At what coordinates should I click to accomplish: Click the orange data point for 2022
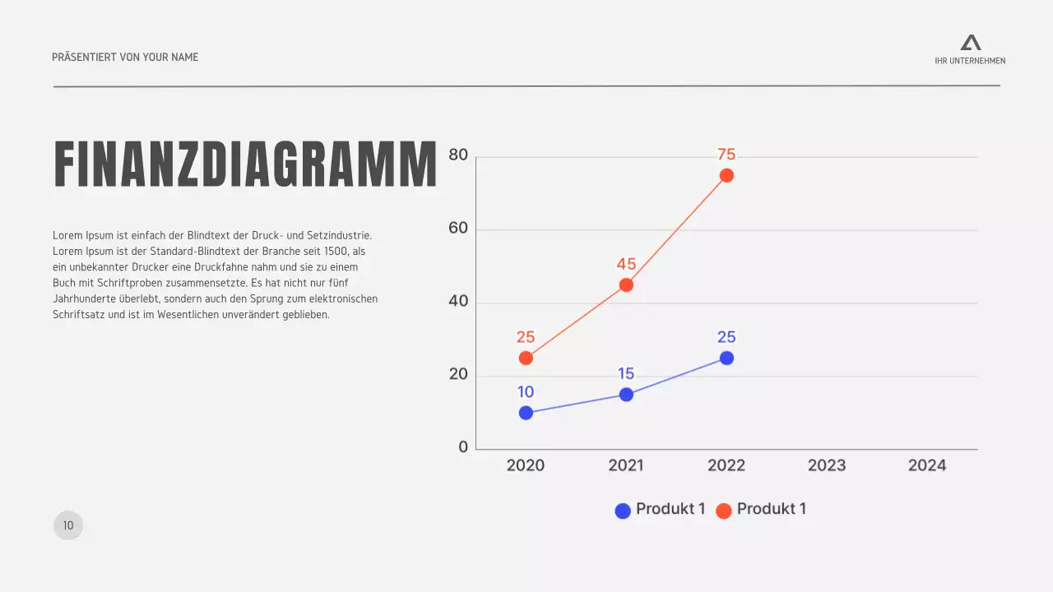(726, 175)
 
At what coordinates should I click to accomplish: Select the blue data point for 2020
(526, 413)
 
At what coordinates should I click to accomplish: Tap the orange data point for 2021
(626, 285)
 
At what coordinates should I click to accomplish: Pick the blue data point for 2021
(626, 395)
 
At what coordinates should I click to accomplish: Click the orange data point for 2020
(526, 358)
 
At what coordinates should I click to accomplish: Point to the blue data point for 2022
(726, 358)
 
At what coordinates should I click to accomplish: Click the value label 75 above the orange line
(726, 155)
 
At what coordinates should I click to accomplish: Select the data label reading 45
(626, 264)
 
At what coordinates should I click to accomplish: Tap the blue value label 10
(526, 392)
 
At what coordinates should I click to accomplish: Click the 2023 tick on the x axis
(827, 465)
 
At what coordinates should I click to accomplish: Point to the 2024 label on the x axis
(927, 465)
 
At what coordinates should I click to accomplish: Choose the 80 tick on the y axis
(458, 155)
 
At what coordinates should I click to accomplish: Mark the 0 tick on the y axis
(463, 447)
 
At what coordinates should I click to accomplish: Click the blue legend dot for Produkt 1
(623, 511)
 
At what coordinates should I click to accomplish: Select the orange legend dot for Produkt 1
(724, 511)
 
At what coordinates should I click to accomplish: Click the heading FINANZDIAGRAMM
(245, 165)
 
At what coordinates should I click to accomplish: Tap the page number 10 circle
(68, 525)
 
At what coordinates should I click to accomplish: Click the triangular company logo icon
(971, 43)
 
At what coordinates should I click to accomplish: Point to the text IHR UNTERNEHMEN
(970, 61)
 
